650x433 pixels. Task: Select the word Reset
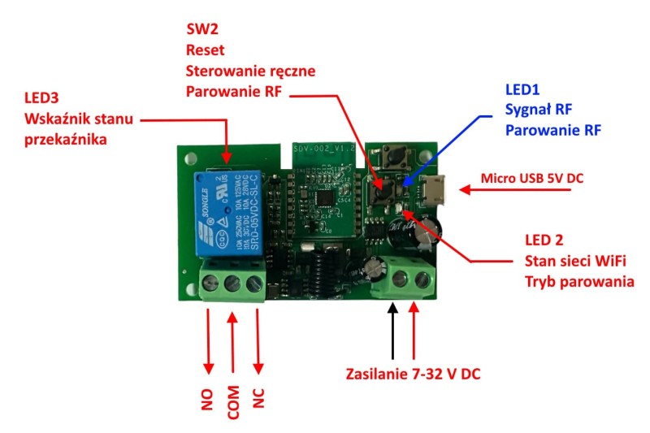pyautogui.click(x=205, y=50)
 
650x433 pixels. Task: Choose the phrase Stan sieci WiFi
pyautogui.click(x=578, y=261)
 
